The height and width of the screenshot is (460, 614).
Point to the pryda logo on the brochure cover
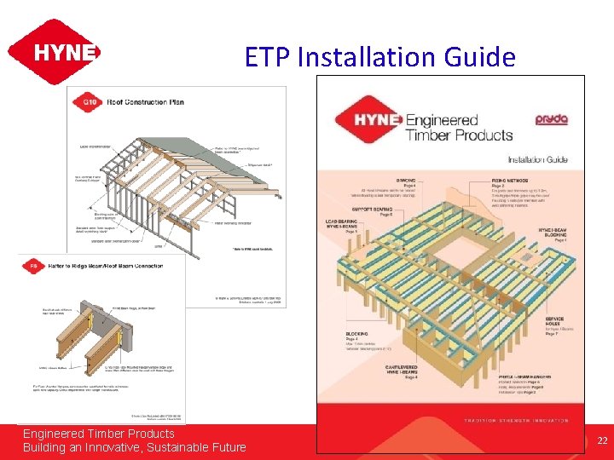(x=551, y=120)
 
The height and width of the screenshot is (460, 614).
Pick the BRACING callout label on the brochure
(x=383, y=181)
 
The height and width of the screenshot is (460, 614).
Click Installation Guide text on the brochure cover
(x=537, y=159)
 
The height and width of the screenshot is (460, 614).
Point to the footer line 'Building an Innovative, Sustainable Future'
(x=134, y=447)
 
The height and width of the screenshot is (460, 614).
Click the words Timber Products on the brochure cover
(x=459, y=135)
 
